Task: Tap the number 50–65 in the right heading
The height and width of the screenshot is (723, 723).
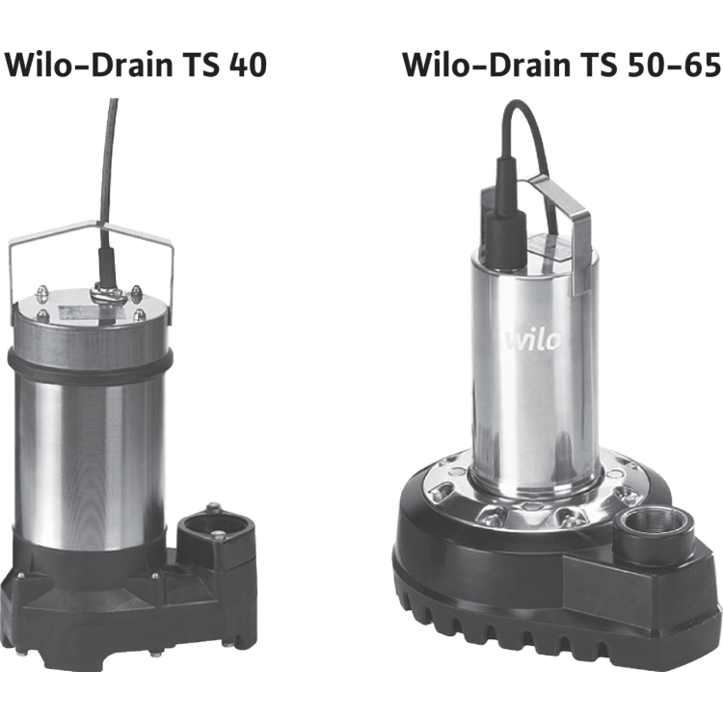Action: point(673,65)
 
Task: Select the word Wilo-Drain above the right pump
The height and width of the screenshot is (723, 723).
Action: point(487,65)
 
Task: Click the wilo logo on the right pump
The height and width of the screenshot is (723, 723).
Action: point(533,341)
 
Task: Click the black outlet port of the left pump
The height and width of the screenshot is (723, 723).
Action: point(215,535)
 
